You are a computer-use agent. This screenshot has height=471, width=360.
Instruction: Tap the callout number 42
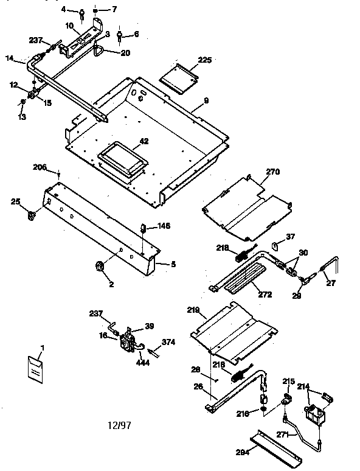tap(144, 142)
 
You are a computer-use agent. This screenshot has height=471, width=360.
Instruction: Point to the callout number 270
tap(272, 172)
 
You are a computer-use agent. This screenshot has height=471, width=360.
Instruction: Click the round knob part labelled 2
tap(99, 266)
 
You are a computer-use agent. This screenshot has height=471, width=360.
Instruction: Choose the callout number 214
tap(304, 386)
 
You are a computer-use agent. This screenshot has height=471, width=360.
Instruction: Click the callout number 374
tap(167, 342)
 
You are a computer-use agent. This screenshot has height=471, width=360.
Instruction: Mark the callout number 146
tap(164, 226)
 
